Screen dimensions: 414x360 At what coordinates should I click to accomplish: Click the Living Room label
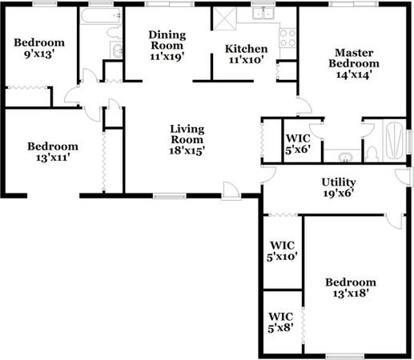tap(187, 140)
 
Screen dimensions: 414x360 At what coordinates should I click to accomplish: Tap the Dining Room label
tap(167, 46)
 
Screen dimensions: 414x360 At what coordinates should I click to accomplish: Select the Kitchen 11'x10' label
tap(246, 54)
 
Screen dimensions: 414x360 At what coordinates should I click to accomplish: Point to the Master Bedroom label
tap(354, 64)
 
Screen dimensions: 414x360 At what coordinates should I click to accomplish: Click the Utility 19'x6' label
tap(339, 188)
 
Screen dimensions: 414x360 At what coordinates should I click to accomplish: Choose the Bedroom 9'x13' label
tap(39, 48)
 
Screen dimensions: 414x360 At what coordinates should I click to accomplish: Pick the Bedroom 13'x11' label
tap(53, 152)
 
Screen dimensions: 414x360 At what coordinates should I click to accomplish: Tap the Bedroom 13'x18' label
tap(351, 288)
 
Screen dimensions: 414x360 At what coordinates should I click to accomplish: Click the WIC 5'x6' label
tap(298, 144)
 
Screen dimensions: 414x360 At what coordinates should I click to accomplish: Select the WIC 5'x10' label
tap(282, 251)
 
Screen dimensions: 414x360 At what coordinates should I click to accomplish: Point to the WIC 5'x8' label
tap(281, 322)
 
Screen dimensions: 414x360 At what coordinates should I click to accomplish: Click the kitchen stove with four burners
tap(287, 38)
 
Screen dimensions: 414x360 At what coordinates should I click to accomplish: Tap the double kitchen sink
tap(263, 13)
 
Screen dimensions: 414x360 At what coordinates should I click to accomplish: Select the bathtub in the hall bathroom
tap(101, 16)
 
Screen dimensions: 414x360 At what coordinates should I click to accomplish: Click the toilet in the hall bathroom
tap(115, 32)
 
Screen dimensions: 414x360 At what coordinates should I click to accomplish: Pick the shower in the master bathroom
tap(394, 140)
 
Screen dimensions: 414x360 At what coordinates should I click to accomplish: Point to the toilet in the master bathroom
tap(372, 154)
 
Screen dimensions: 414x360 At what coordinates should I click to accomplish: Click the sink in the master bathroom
tap(346, 157)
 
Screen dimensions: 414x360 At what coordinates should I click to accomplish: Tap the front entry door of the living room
tap(231, 190)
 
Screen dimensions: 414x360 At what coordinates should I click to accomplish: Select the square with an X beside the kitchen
tap(225, 18)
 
